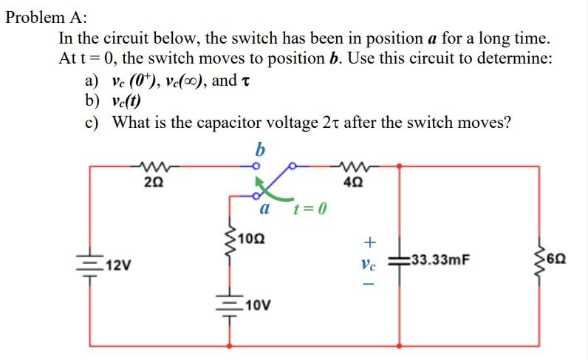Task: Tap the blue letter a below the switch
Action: tap(264, 209)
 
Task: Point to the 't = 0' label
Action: tap(310, 209)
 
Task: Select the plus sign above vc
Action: tap(370, 241)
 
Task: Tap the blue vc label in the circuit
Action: tap(370, 262)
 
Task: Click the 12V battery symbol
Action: tap(90, 265)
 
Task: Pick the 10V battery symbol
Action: tap(230, 305)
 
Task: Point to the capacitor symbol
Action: tap(400, 259)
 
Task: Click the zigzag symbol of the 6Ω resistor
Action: tap(539, 259)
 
